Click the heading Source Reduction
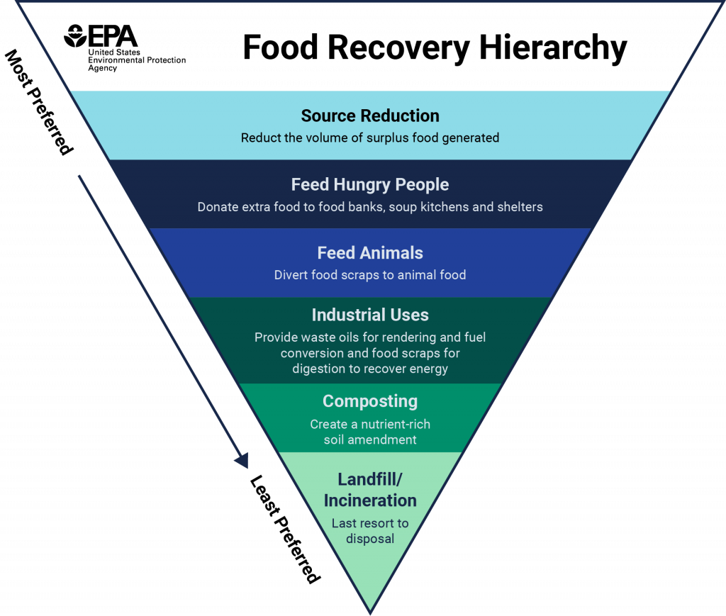(370, 116)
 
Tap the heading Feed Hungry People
(370, 184)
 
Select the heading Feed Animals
(370, 253)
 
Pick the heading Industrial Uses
(370, 315)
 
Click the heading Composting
(370, 401)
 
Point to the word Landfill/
(370, 479)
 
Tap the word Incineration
(370, 500)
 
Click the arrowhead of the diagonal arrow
(242, 461)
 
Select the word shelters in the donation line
(519, 207)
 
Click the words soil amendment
(370, 439)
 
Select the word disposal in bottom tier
(370, 539)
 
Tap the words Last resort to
(370, 524)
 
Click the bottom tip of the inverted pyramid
(370, 612)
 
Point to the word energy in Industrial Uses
(428, 369)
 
